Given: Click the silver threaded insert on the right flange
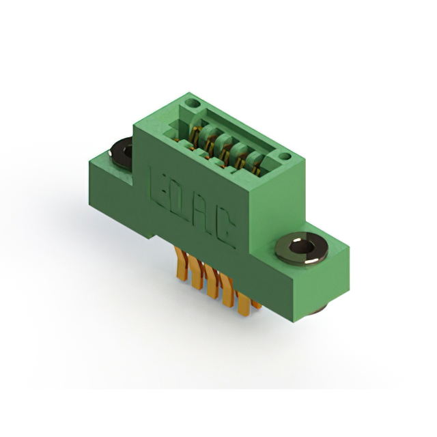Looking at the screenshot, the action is [302, 248].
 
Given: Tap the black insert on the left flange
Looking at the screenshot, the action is [122, 153].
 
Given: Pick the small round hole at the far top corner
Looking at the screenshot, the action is [193, 104].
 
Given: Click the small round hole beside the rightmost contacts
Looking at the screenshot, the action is [285, 156].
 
